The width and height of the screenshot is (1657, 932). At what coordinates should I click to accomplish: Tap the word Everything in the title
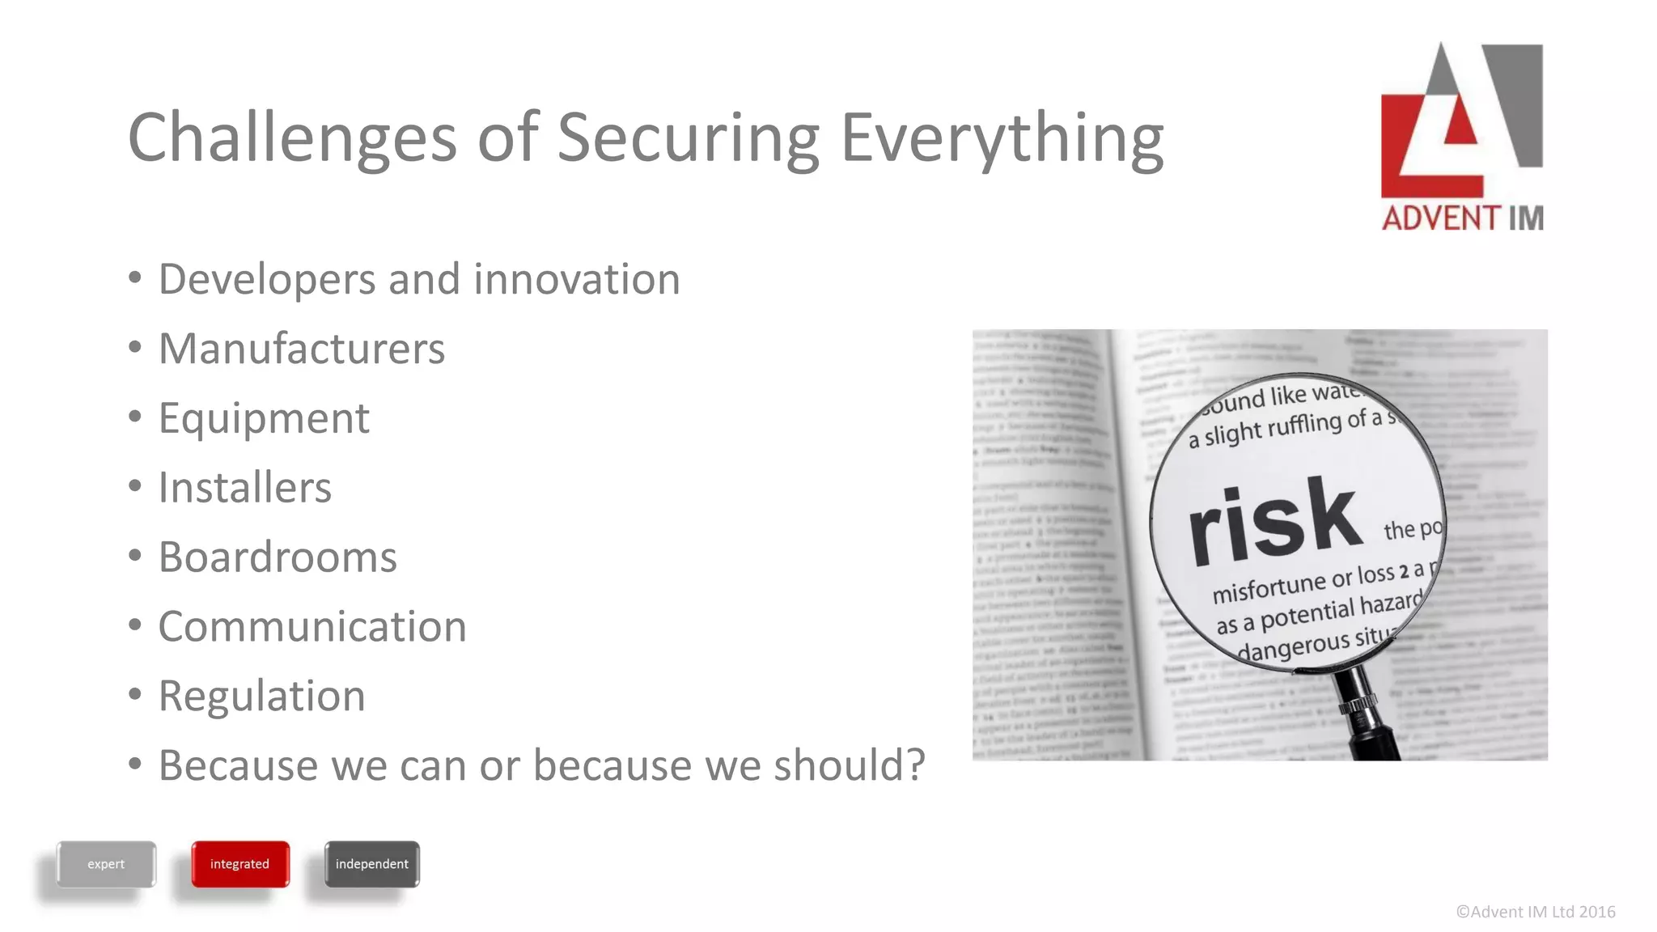1002,138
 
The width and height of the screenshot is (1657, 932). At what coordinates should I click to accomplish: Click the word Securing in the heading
688,138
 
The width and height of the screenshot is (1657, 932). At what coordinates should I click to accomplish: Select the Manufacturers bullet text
301,349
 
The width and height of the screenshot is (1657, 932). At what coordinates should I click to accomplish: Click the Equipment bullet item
264,418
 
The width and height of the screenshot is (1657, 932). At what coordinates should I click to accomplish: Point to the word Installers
244,488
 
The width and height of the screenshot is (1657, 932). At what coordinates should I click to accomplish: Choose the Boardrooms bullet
278,557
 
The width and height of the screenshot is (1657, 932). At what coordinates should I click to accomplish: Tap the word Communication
312,627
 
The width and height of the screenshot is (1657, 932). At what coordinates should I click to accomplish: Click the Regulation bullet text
261,697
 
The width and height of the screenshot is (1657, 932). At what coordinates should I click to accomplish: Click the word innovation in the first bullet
576,279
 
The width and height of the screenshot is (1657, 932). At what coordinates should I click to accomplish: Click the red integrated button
240,864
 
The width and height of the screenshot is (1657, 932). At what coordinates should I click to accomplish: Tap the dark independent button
372,864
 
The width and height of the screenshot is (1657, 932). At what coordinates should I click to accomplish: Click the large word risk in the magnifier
1274,522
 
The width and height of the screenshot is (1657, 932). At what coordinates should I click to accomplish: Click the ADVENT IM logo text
1462,218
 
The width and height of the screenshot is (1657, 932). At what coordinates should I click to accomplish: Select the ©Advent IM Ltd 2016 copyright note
1535,912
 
